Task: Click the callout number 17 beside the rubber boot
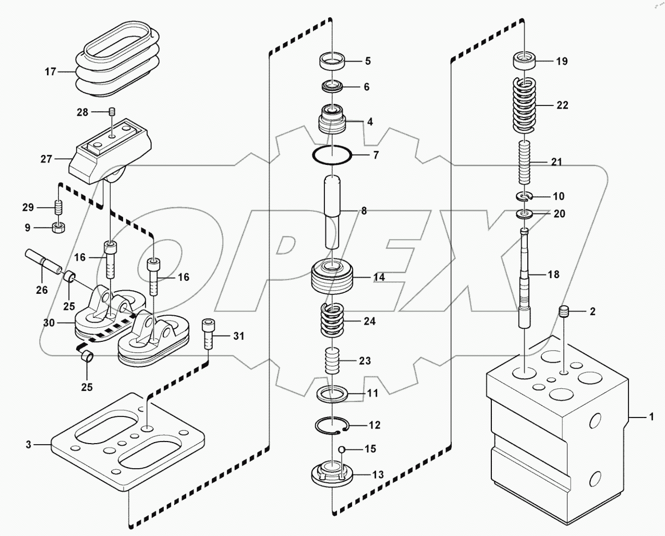click(x=50, y=72)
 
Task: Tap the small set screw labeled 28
click(x=112, y=112)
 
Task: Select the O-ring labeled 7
click(x=332, y=155)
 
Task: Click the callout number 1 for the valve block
click(x=650, y=417)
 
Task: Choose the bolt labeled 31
click(x=208, y=336)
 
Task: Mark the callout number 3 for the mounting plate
click(x=29, y=445)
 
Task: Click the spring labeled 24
click(x=332, y=321)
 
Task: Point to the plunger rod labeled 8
click(x=332, y=211)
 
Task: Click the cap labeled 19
click(x=525, y=62)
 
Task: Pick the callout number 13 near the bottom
click(x=378, y=474)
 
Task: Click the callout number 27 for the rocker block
click(x=46, y=159)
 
